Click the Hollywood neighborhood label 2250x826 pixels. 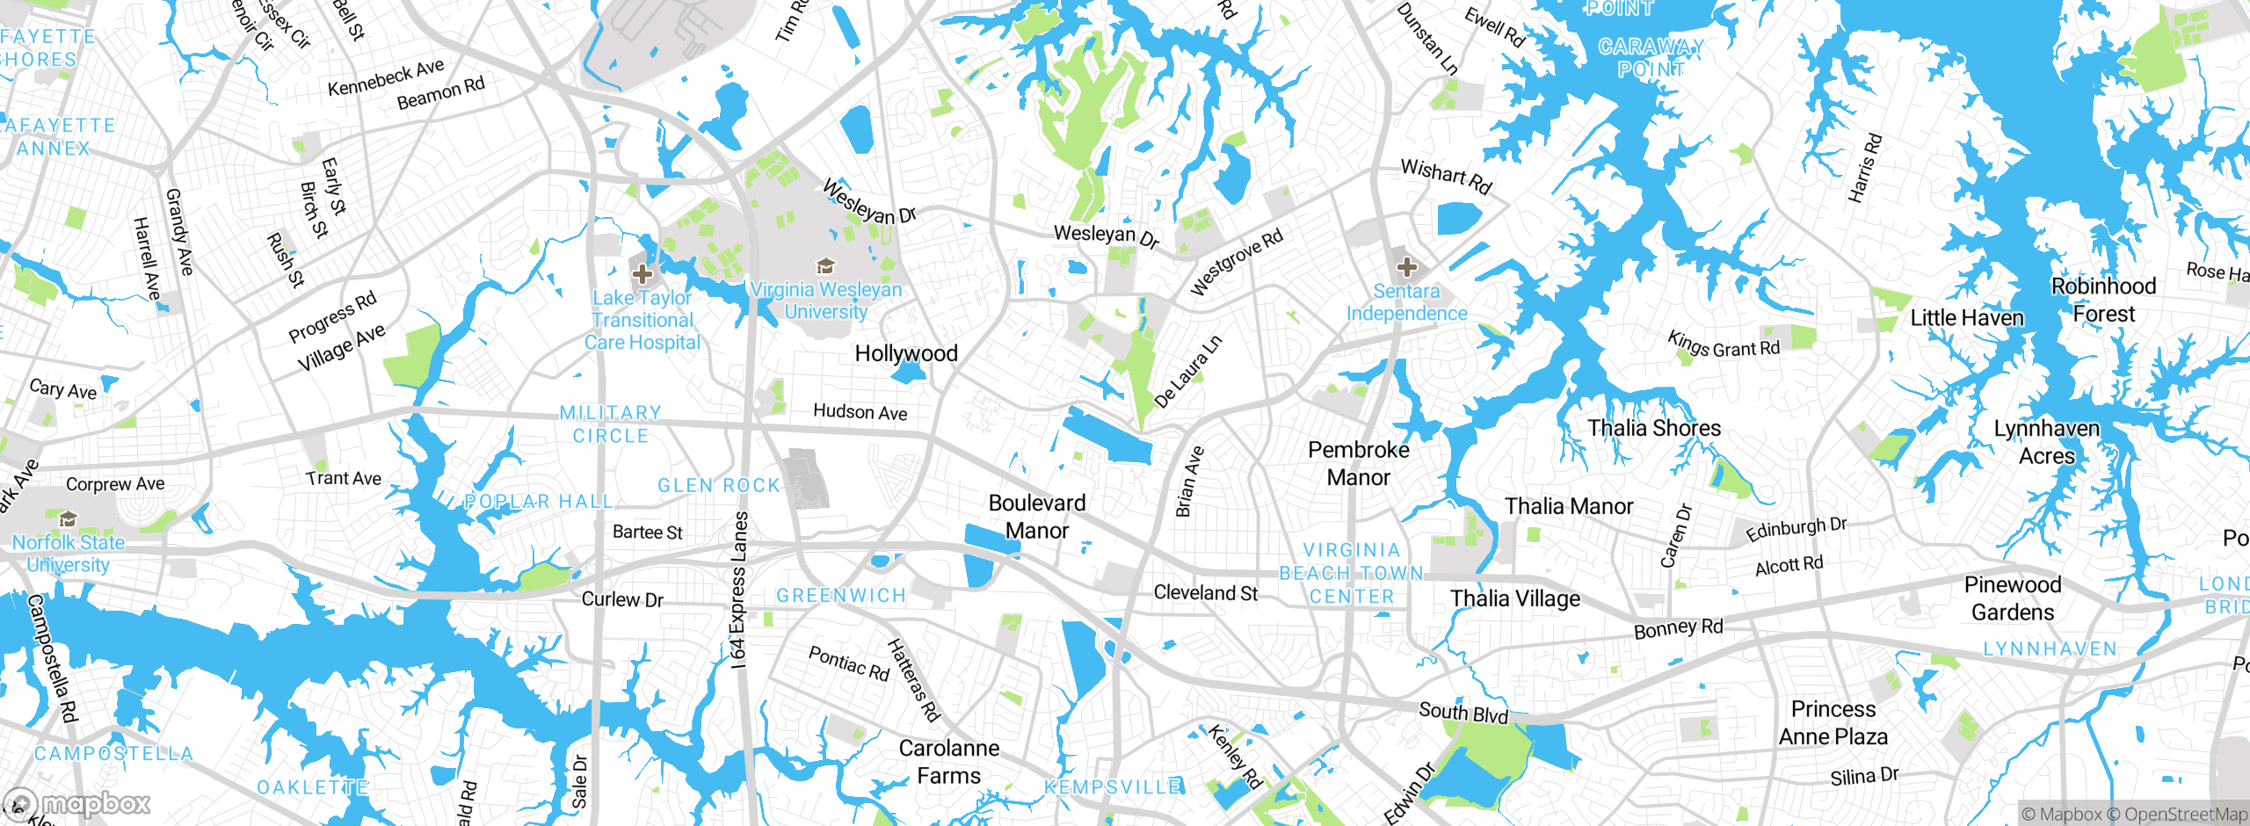click(x=906, y=353)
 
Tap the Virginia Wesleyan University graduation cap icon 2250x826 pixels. click(x=824, y=265)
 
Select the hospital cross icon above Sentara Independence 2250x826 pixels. click(x=1406, y=266)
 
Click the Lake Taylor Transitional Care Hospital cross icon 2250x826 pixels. click(x=642, y=274)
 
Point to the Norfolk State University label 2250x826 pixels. click(x=69, y=554)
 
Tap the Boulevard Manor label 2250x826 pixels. click(x=1037, y=517)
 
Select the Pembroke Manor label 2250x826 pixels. click(x=1359, y=463)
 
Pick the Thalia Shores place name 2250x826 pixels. click(x=1654, y=428)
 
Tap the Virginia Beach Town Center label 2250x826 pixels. click(x=1352, y=573)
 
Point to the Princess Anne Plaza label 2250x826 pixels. click(x=1833, y=722)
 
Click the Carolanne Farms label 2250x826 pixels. click(x=949, y=762)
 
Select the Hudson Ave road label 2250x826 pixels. click(x=860, y=412)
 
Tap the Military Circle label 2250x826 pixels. click(x=611, y=424)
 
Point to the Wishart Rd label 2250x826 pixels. click(x=1446, y=176)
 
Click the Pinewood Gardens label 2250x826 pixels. click(x=2013, y=598)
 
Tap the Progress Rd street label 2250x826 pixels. click(x=332, y=316)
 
